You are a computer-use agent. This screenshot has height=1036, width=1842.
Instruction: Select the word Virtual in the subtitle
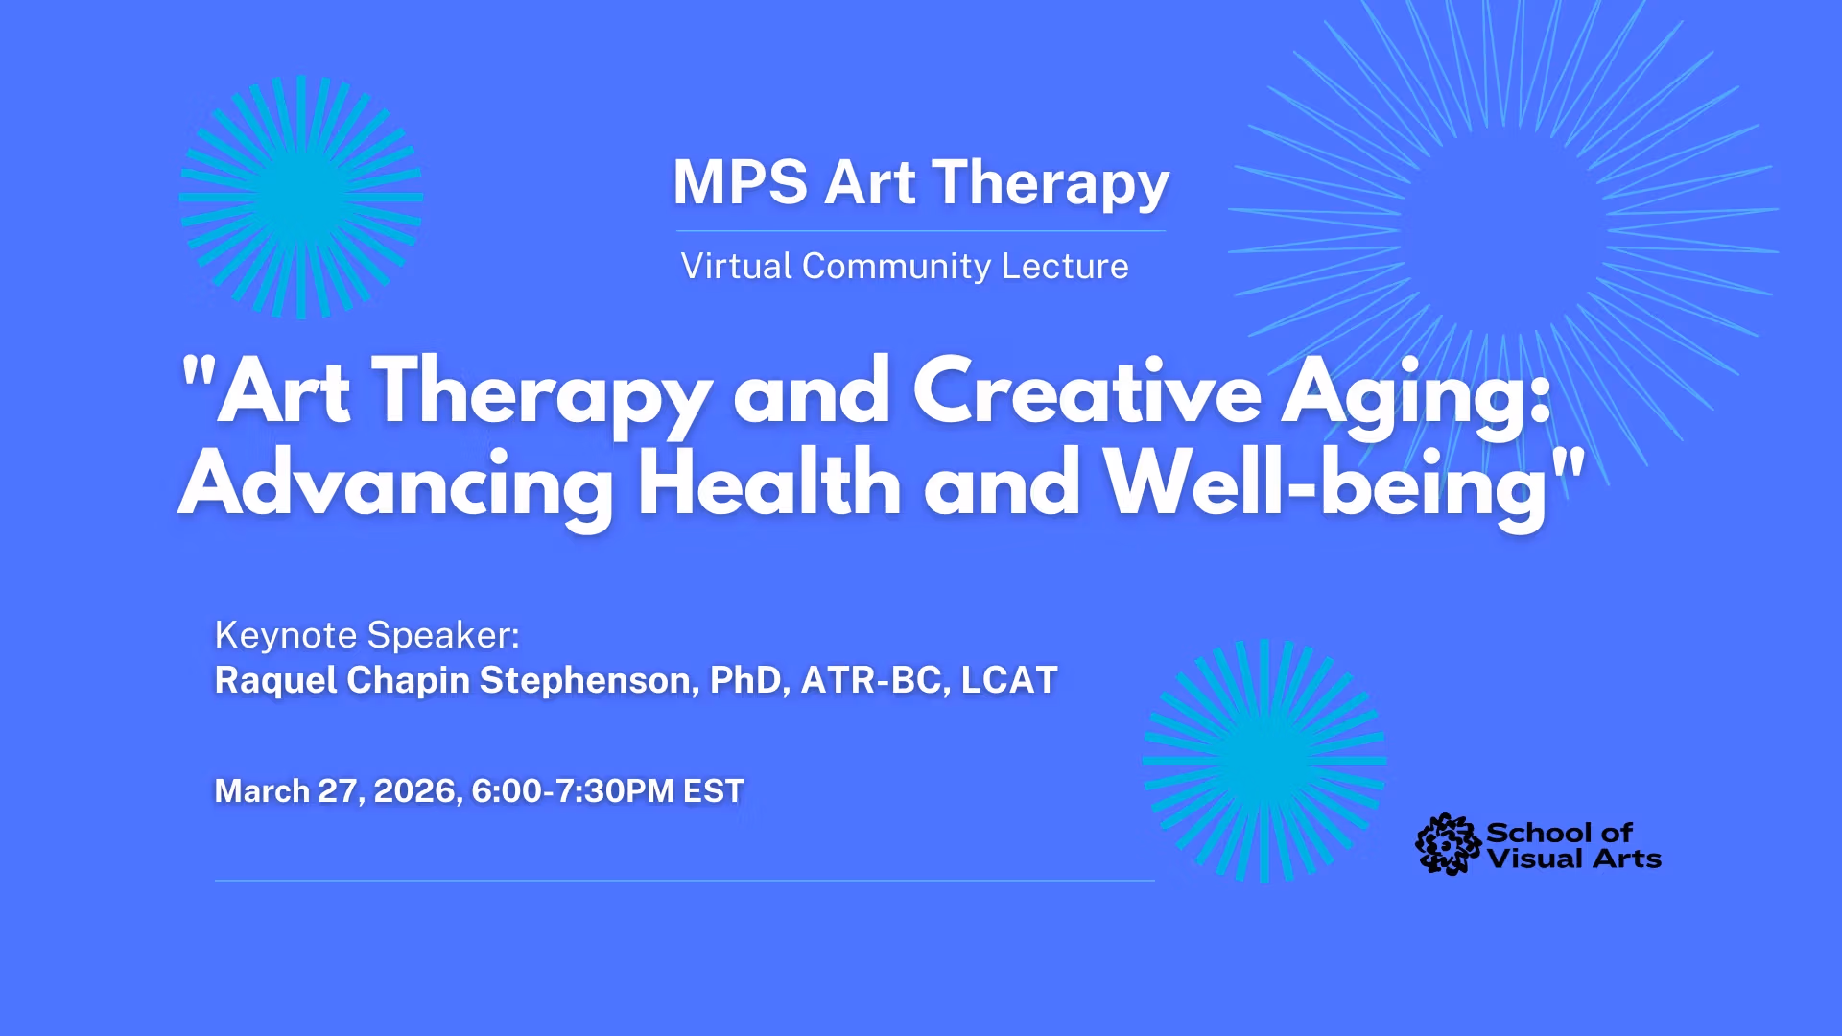[737, 266]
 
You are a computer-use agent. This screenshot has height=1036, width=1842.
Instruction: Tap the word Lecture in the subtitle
[1065, 266]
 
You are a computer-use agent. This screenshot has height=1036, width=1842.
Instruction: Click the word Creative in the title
[1086, 391]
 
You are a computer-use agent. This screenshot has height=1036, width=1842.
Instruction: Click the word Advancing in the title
[395, 484]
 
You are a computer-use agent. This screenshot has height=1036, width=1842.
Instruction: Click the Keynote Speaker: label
[366, 635]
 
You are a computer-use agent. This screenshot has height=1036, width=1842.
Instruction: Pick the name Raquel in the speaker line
[275, 680]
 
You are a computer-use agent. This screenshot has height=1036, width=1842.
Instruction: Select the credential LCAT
[1009, 680]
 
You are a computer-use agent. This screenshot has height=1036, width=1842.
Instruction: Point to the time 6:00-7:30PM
[573, 791]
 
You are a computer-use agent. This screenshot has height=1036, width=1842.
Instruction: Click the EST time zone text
[713, 791]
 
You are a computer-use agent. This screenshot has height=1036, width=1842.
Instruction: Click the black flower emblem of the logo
[1448, 844]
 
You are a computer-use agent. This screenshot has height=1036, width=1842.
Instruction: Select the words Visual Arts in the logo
[1574, 859]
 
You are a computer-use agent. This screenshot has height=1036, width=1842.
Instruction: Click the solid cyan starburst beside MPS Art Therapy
[301, 197]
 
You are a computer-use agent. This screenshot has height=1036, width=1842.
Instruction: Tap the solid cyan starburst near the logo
[1263, 761]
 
